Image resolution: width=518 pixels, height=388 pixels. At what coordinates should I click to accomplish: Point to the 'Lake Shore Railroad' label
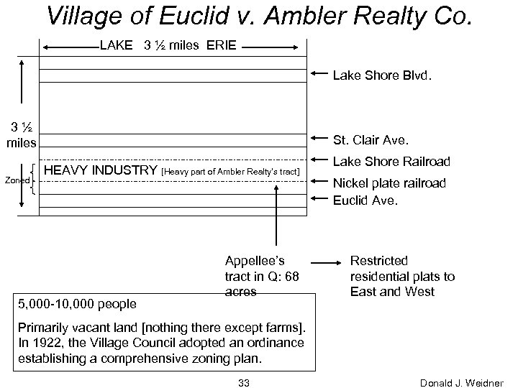(x=391, y=162)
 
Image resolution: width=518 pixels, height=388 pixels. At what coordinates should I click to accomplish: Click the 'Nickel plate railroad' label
(x=389, y=183)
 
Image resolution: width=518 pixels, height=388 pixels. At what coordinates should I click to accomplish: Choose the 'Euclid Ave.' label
(x=365, y=200)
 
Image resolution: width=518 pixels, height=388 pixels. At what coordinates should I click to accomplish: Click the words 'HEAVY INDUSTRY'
(x=101, y=171)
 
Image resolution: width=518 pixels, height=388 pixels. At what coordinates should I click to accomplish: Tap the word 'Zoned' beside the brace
(x=17, y=180)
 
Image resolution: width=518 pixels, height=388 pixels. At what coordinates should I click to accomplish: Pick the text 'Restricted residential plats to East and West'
(x=401, y=276)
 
